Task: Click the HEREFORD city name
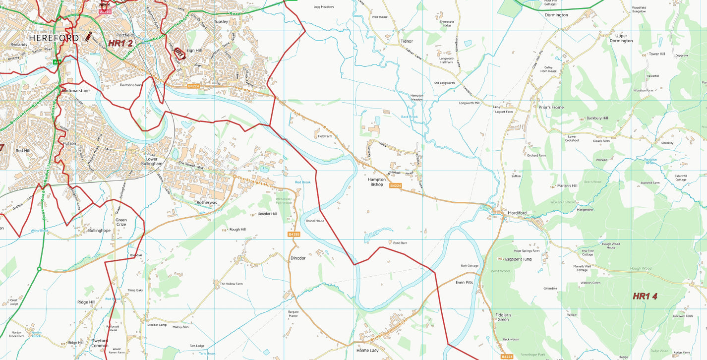pyautogui.click(x=54, y=38)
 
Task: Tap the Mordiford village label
pyautogui.click(x=517, y=213)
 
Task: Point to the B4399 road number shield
pyautogui.click(x=294, y=234)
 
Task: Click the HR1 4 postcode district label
pyautogui.click(x=645, y=296)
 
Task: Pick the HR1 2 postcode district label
pyautogui.click(x=120, y=43)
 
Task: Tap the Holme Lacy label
pyautogui.click(x=367, y=351)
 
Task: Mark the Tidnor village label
pyautogui.click(x=407, y=41)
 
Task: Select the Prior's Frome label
pyautogui.click(x=551, y=107)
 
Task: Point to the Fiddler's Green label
pyautogui.click(x=503, y=317)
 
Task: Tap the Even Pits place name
pyautogui.click(x=464, y=282)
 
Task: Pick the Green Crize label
pyautogui.click(x=121, y=222)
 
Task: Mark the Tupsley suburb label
pyautogui.click(x=221, y=22)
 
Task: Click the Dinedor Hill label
pyautogui.click(x=267, y=214)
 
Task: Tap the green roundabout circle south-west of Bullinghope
pyautogui.click(x=39, y=269)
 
